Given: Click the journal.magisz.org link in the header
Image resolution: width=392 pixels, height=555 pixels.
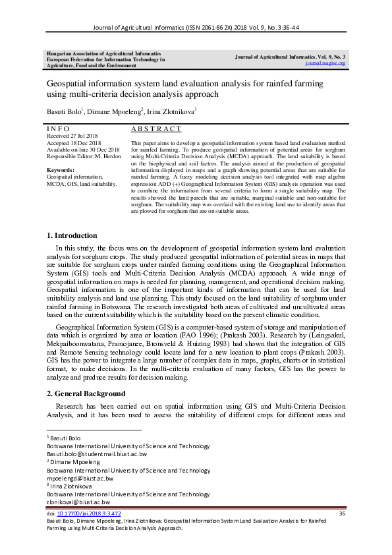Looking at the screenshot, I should pyautogui.click(x=325, y=63).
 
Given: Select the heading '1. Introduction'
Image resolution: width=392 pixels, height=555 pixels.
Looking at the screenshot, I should pyautogui.click(x=72, y=235).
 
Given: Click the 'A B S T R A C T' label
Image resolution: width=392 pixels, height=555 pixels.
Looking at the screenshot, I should pyautogui.click(x=156, y=129).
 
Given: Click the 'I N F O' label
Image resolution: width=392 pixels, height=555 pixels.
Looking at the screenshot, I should pyautogui.click(x=59, y=129).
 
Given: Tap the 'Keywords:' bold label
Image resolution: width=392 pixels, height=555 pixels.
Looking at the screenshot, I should pyautogui.click(x=61, y=170).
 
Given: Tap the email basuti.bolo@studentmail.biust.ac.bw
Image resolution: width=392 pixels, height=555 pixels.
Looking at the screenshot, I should pyautogui.click(x=96, y=454).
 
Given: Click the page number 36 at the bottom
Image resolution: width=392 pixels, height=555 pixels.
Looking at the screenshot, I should pyautogui.click(x=341, y=513).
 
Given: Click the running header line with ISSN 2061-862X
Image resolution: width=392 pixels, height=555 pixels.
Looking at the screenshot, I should pyautogui.click(x=196, y=28).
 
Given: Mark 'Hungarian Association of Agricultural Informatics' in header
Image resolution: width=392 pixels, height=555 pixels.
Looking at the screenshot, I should pyautogui.click(x=101, y=53).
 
